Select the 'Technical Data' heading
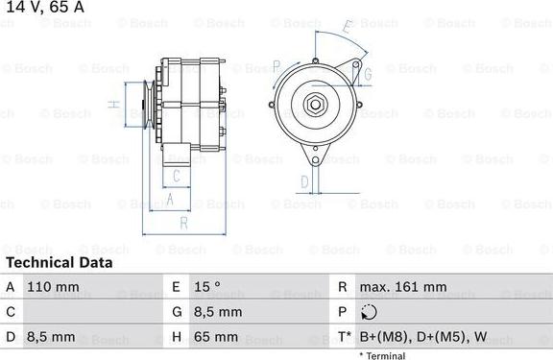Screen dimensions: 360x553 tap(59, 262)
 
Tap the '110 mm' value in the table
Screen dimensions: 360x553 tap(53, 286)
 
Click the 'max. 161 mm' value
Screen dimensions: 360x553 tap(402, 286)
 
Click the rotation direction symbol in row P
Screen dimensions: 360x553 tap(372, 312)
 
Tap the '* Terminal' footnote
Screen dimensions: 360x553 tap(382, 355)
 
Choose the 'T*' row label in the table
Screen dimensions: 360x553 tap(344, 337)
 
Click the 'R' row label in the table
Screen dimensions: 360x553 tap(343, 286)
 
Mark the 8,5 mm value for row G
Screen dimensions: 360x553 tap(218, 312)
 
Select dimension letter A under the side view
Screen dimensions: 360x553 tap(170, 199)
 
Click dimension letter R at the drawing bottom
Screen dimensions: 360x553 tap(182, 223)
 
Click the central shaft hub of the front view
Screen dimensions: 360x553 tap(314, 106)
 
